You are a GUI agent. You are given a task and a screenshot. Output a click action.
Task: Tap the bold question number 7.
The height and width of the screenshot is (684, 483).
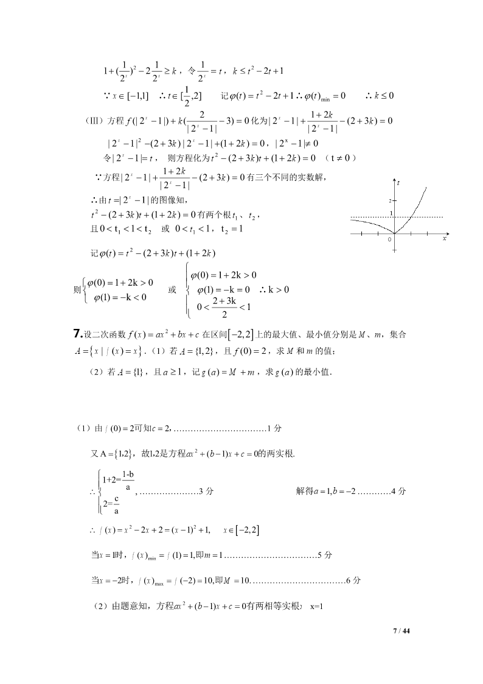tap(77, 333)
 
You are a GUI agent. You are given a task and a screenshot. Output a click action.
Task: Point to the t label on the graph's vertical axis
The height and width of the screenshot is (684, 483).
tap(398, 183)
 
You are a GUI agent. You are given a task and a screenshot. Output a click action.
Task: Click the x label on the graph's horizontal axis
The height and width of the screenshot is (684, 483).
tap(445, 239)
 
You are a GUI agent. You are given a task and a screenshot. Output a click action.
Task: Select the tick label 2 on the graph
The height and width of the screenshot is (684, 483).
tap(391, 200)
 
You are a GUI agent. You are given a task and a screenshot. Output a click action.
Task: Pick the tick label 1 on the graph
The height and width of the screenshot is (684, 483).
tap(391, 214)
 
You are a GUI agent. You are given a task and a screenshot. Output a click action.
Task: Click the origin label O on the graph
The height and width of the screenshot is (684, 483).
tap(389, 239)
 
